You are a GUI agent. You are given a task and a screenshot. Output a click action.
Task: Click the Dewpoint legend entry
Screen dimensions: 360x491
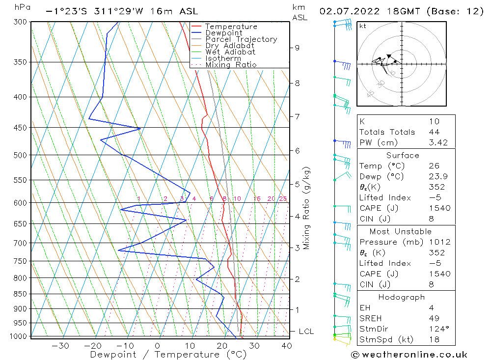tap(223, 33)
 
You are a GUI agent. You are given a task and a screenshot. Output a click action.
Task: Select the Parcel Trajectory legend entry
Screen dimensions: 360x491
tap(241, 39)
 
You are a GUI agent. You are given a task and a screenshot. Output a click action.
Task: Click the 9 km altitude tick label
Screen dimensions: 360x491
tap(297, 48)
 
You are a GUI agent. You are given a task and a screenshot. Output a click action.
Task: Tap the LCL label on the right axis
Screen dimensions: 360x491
tap(306, 332)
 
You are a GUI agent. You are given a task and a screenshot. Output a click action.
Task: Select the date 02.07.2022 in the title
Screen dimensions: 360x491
tap(347, 11)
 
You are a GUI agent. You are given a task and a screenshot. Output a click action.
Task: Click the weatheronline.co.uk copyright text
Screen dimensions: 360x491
tap(409, 355)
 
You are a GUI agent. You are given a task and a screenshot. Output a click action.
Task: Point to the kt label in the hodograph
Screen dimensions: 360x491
tap(363, 26)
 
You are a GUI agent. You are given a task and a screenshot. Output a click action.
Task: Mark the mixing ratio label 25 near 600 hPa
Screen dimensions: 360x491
tap(283, 198)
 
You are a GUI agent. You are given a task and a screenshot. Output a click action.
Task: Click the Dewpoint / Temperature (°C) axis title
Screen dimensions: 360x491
tap(168, 354)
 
